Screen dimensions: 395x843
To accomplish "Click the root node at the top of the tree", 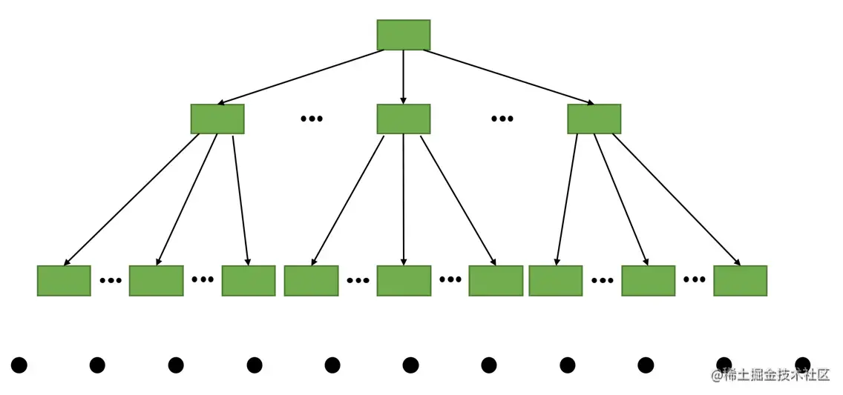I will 403,35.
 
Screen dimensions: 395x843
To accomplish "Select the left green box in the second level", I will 217,119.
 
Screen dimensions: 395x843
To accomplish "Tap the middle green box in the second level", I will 403,119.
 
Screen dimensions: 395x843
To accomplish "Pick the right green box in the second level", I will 594,119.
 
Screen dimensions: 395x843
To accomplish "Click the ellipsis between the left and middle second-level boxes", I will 312,119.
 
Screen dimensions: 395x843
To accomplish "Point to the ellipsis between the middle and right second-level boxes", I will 502,119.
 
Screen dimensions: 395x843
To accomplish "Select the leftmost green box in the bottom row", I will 64,281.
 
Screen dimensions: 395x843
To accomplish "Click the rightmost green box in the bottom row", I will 740,281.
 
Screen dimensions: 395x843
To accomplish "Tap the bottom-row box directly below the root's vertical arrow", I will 404,281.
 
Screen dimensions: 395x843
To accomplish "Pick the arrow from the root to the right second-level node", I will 508,77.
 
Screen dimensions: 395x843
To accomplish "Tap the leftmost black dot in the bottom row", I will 19,365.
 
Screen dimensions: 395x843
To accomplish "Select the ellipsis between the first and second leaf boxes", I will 110,280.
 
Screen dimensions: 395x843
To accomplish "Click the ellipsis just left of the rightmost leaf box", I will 694,279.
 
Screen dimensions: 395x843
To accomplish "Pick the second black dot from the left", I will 97,365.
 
